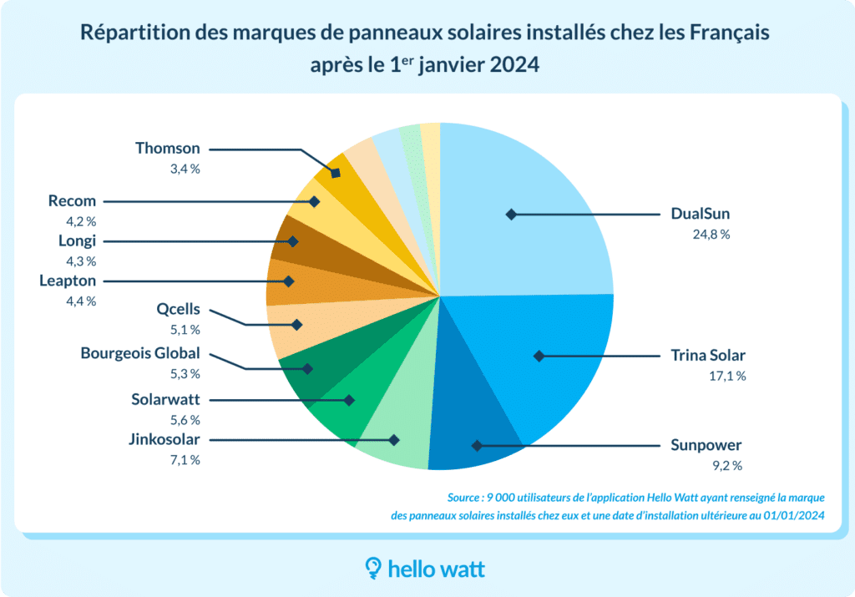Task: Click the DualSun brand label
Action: click(701, 215)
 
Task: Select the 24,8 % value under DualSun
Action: click(711, 235)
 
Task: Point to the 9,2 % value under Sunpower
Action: click(726, 465)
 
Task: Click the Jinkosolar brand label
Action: click(164, 439)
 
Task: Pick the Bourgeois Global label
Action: click(140, 353)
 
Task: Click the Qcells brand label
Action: click(179, 309)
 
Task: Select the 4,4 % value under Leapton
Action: click(81, 301)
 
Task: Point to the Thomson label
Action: click(168, 149)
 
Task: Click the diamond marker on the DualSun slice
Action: click(510, 215)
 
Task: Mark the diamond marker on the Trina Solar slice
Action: click(539, 356)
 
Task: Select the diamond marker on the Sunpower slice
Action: click(477, 445)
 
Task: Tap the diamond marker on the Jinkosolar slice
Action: click(394, 439)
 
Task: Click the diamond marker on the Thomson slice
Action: click(336, 173)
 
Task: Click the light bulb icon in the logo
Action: click(374, 569)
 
